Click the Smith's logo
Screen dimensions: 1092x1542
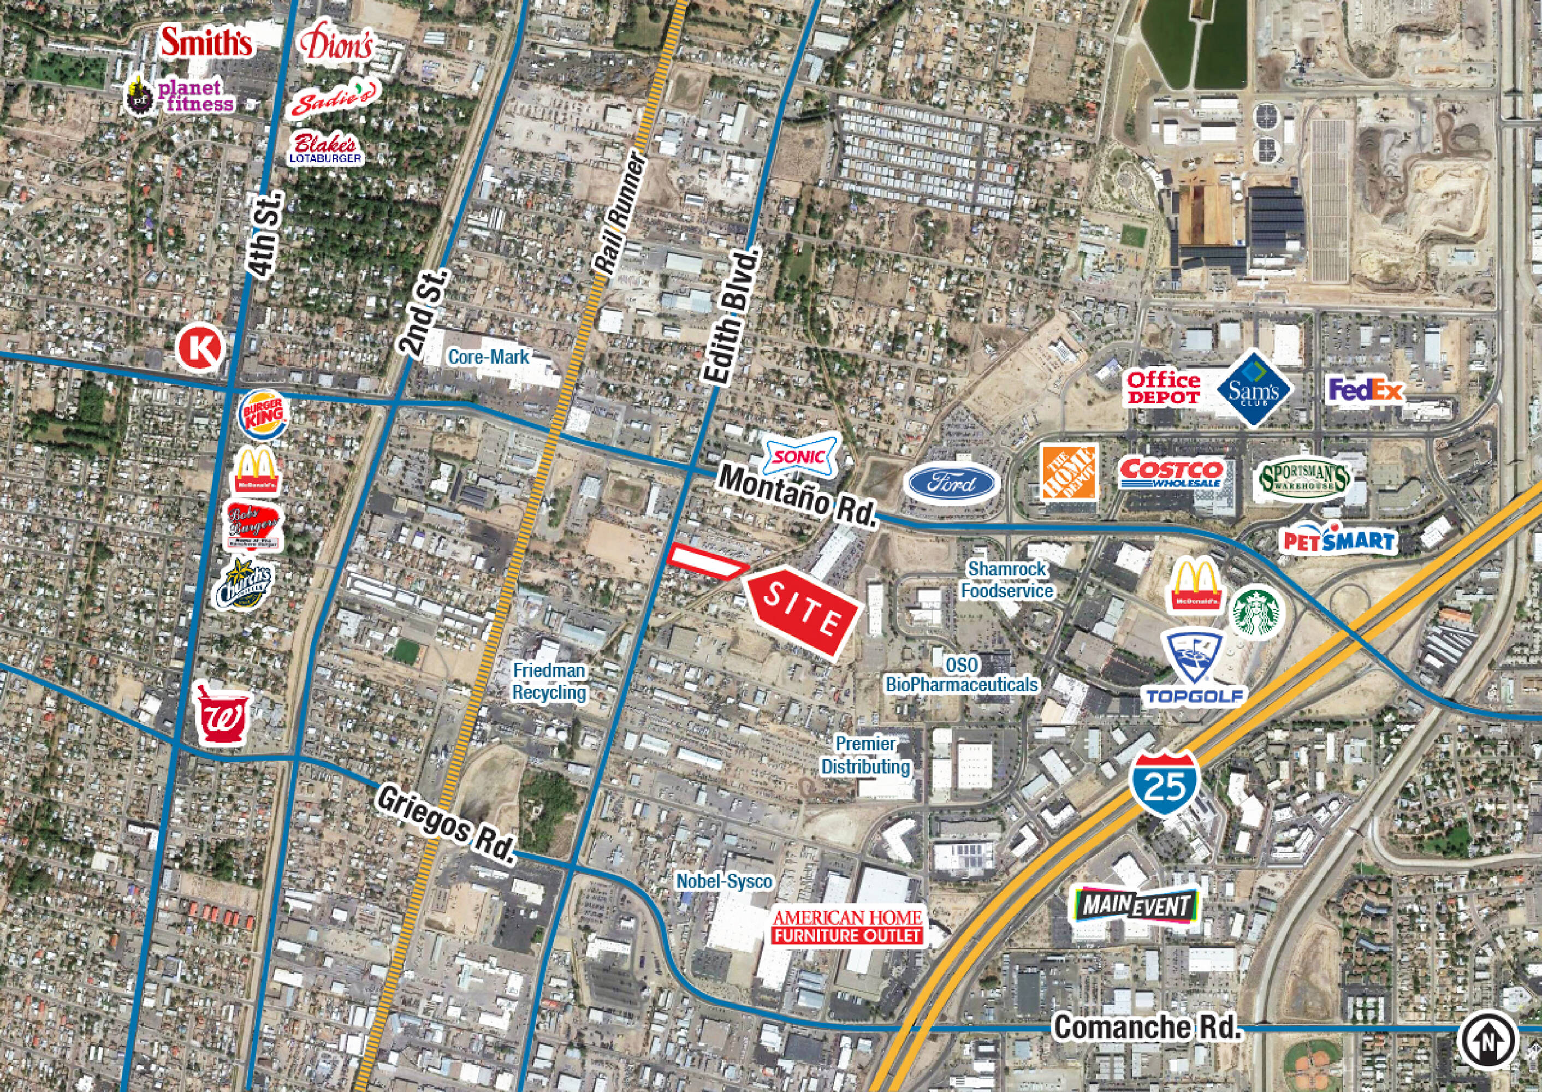pos(206,43)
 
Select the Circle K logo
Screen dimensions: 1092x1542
pos(200,348)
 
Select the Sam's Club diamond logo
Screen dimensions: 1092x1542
pos(1254,388)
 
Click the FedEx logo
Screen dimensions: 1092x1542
pos(1364,391)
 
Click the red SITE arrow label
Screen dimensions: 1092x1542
pos(802,612)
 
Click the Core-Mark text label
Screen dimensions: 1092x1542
pos(488,357)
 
